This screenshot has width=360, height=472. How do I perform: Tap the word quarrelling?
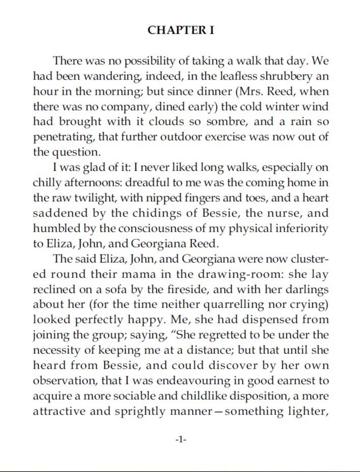tap(234, 305)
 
